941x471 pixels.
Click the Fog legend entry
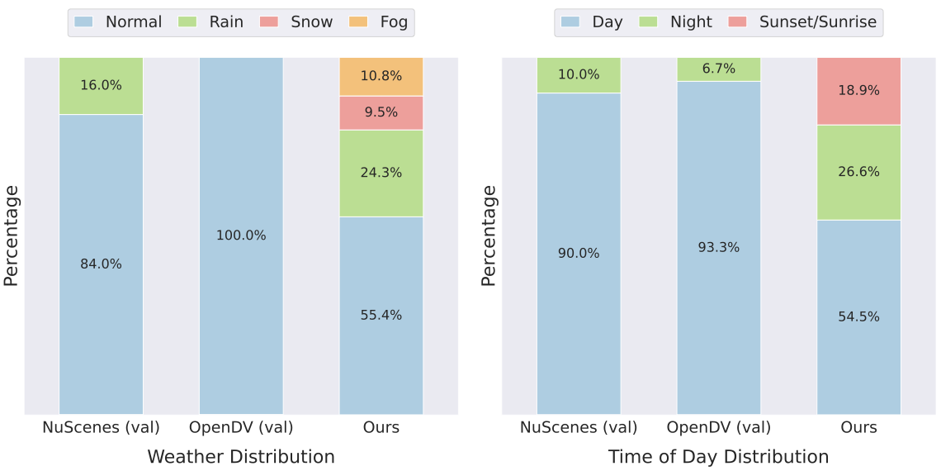pyautogui.click(x=379, y=22)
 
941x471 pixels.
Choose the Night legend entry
pyautogui.click(x=677, y=22)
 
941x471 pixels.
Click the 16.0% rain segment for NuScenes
pyautogui.click(x=101, y=85)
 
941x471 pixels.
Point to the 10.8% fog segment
pyautogui.click(x=381, y=76)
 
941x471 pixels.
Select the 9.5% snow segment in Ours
pyautogui.click(x=381, y=112)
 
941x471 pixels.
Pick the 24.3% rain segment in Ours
pyautogui.click(x=381, y=173)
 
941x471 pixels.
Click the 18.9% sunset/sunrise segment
pyautogui.click(x=858, y=91)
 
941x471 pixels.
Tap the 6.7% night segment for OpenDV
pyautogui.click(x=719, y=69)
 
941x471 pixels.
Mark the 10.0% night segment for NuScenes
pyautogui.click(x=579, y=75)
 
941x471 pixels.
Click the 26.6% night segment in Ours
pyautogui.click(x=858, y=172)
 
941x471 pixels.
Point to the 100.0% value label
pyautogui.click(x=241, y=235)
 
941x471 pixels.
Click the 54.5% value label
pyautogui.click(x=858, y=316)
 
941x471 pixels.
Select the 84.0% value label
pyautogui.click(x=101, y=264)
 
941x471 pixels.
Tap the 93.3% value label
pyautogui.click(x=719, y=247)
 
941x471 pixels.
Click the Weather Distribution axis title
pyautogui.click(x=241, y=457)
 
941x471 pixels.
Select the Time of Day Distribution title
pyautogui.click(x=718, y=457)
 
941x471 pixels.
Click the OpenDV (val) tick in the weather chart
pyautogui.click(x=241, y=427)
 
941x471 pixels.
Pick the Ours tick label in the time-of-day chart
pyautogui.click(x=858, y=427)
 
